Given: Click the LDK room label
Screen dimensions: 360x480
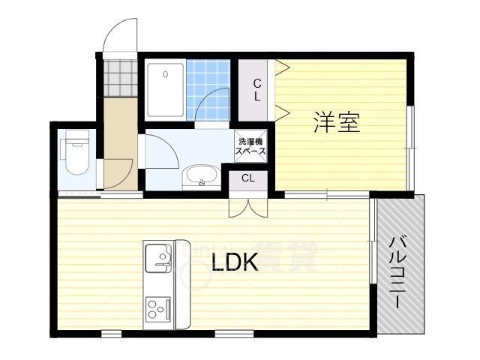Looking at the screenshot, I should (x=235, y=262).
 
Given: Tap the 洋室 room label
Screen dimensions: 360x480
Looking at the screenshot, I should (x=337, y=122).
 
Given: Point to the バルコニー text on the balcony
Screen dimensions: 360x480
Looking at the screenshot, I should (x=399, y=271).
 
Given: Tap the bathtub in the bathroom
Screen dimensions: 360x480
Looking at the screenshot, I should (x=165, y=90).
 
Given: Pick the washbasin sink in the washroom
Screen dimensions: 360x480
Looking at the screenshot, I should (x=200, y=178).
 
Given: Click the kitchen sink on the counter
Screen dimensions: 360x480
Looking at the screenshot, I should (x=158, y=259).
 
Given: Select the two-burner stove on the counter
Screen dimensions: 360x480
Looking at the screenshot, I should (x=157, y=308).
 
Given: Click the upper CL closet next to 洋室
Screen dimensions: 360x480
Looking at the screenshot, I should (x=256, y=90).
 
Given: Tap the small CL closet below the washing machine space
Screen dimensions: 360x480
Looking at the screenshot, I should (x=247, y=178).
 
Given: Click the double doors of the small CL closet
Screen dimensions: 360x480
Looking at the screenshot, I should (x=247, y=205).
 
